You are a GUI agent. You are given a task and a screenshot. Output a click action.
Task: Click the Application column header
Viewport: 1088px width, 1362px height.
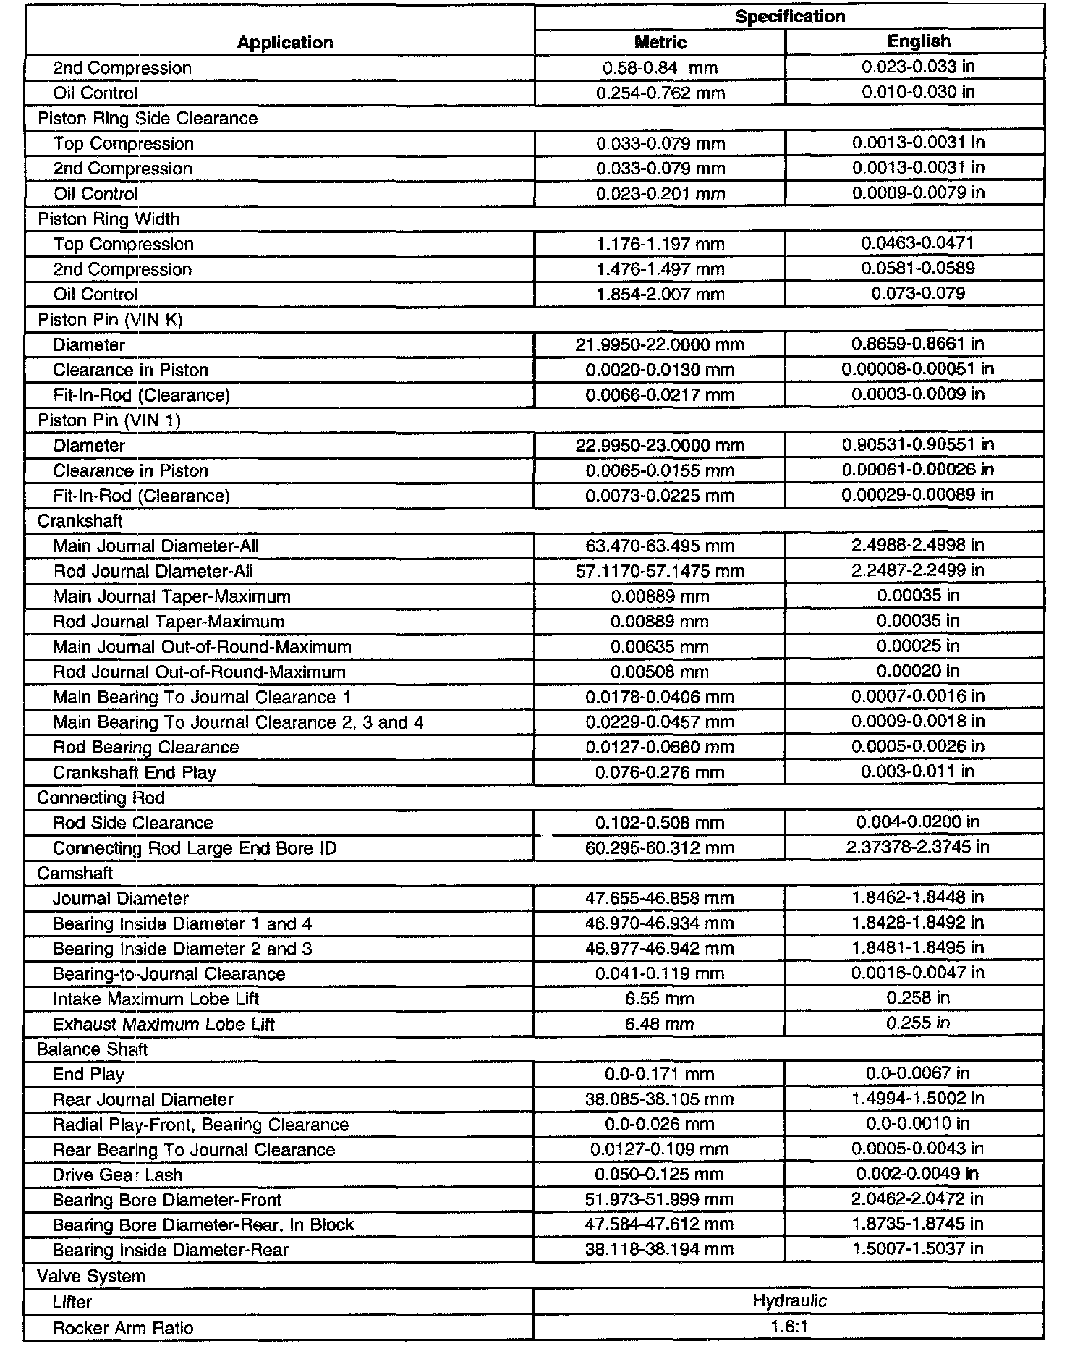pyautogui.click(x=285, y=43)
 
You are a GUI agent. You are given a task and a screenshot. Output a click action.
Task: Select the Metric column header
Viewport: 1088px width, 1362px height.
pyautogui.click(x=660, y=42)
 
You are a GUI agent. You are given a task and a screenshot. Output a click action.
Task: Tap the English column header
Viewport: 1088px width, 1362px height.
pyautogui.click(x=919, y=41)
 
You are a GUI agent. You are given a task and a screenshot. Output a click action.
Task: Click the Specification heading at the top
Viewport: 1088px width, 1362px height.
pyautogui.click(x=790, y=17)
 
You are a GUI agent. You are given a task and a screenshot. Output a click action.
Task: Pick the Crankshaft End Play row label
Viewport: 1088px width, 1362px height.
pyautogui.click(x=135, y=772)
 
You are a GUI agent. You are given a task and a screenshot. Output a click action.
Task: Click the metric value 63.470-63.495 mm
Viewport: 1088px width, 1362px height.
pyautogui.click(x=660, y=546)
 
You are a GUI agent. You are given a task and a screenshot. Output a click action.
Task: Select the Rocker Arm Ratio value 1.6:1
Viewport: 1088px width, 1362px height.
pyautogui.click(x=789, y=1327)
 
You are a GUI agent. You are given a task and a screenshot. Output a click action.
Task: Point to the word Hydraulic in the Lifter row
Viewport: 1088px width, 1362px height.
pyautogui.click(x=789, y=1300)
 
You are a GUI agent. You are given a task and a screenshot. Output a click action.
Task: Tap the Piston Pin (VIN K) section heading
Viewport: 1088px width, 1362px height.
pyautogui.click(x=110, y=319)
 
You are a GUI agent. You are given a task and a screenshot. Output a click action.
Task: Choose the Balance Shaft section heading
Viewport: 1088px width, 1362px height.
pyautogui.click(x=92, y=1049)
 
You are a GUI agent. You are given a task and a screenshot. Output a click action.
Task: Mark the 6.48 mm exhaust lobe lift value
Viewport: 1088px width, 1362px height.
pyautogui.click(x=660, y=1024)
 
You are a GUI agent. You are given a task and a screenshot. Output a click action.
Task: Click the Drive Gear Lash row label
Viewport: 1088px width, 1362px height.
pyautogui.click(x=117, y=1175)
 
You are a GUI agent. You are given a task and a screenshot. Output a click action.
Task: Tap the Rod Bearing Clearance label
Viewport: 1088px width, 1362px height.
pyautogui.click(x=145, y=747)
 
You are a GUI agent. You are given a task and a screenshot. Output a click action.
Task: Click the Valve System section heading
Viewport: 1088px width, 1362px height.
pyautogui.click(x=91, y=1276)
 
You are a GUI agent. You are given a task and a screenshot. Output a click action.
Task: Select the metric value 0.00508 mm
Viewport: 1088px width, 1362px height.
pyautogui.click(x=660, y=672)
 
